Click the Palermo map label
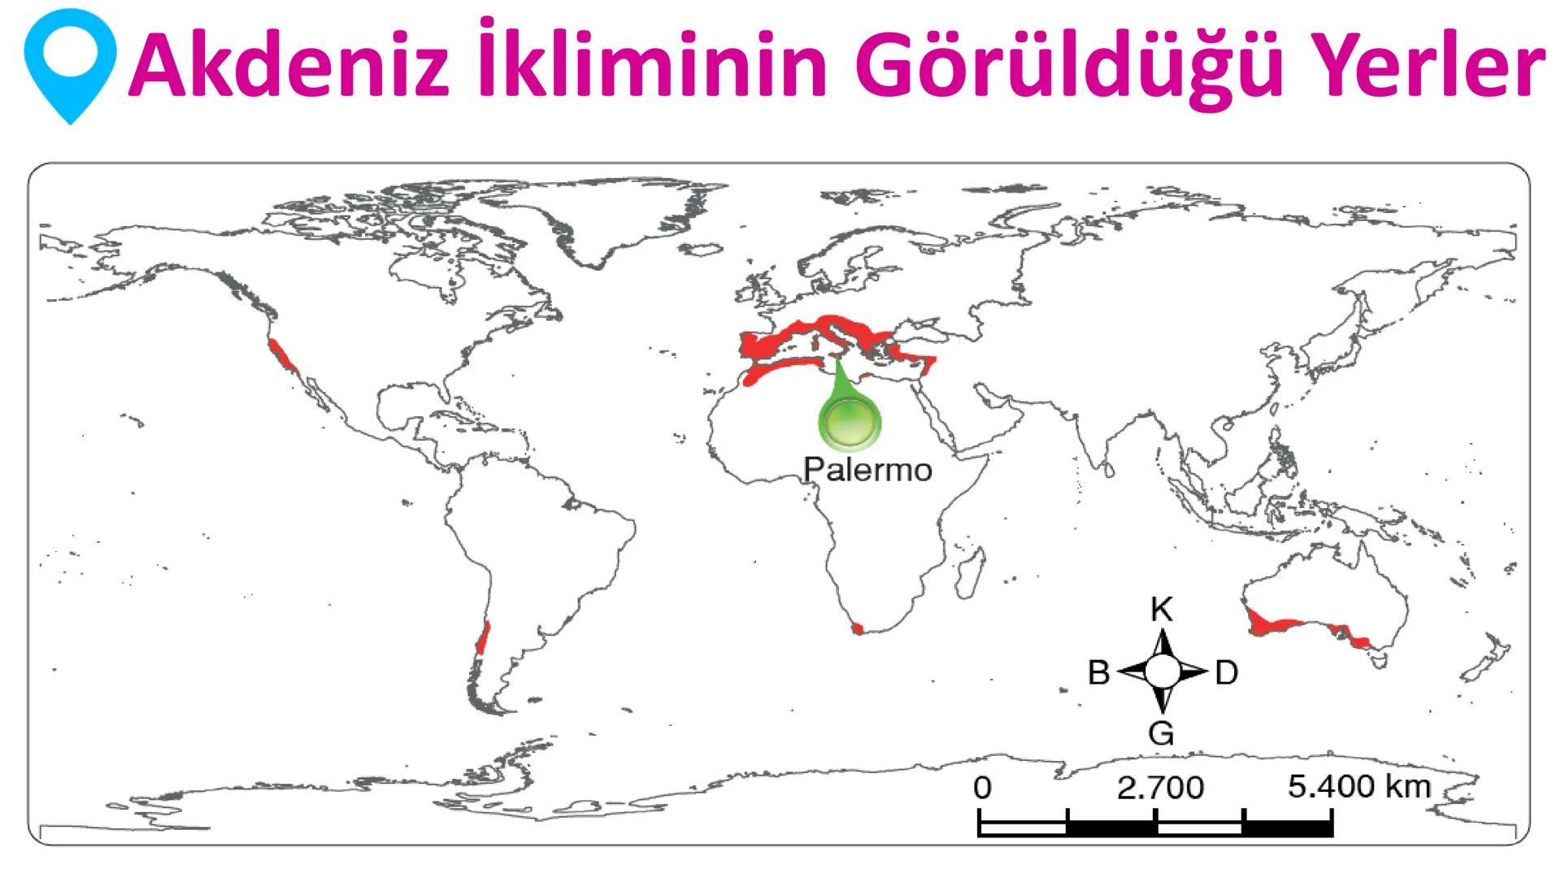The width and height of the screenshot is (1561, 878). (x=867, y=470)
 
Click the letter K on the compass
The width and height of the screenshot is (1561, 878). (x=1162, y=611)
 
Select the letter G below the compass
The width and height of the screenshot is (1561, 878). (x=1161, y=733)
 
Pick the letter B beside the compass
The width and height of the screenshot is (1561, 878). (x=1098, y=673)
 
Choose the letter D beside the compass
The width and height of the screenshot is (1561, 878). (x=1226, y=673)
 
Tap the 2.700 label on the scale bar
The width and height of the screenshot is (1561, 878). (x=1160, y=787)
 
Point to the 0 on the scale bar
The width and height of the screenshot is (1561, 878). (x=982, y=787)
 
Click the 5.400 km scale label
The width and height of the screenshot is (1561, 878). (x=1359, y=786)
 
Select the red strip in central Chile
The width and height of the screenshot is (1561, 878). (x=484, y=637)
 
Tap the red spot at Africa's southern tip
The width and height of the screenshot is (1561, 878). (x=858, y=628)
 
